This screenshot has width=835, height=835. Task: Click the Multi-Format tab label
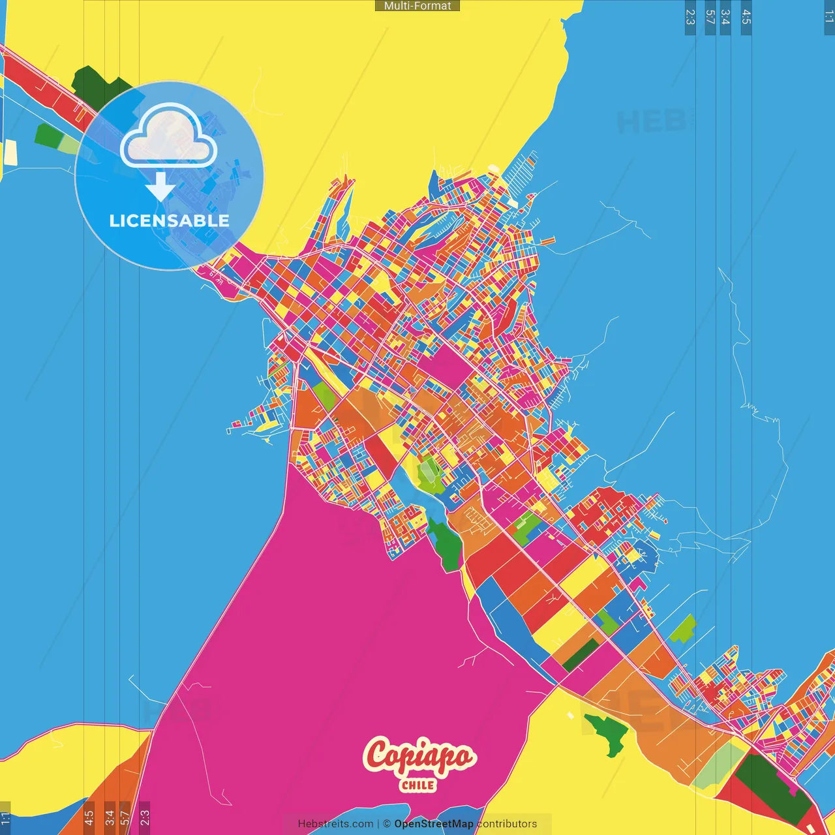click(x=417, y=6)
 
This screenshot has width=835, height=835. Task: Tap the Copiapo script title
click(x=419, y=757)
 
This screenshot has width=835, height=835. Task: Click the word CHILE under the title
click(x=418, y=785)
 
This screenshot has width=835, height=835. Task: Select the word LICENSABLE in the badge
click(x=170, y=220)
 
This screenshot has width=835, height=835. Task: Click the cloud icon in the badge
click(x=169, y=136)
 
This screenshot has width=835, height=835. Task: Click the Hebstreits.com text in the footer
click(x=335, y=824)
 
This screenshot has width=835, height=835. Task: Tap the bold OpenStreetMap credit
click(x=434, y=824)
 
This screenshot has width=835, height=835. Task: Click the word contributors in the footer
click(x=508, y=824)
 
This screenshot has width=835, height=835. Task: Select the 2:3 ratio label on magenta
click(x=145, y=817)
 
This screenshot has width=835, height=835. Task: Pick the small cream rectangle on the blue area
click(x=11, y=153)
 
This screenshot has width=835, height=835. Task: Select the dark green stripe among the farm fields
click(x=581, y=655)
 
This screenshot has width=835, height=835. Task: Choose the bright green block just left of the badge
click(x=47, y=135)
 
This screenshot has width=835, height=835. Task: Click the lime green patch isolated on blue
click(x=683, y=628)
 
